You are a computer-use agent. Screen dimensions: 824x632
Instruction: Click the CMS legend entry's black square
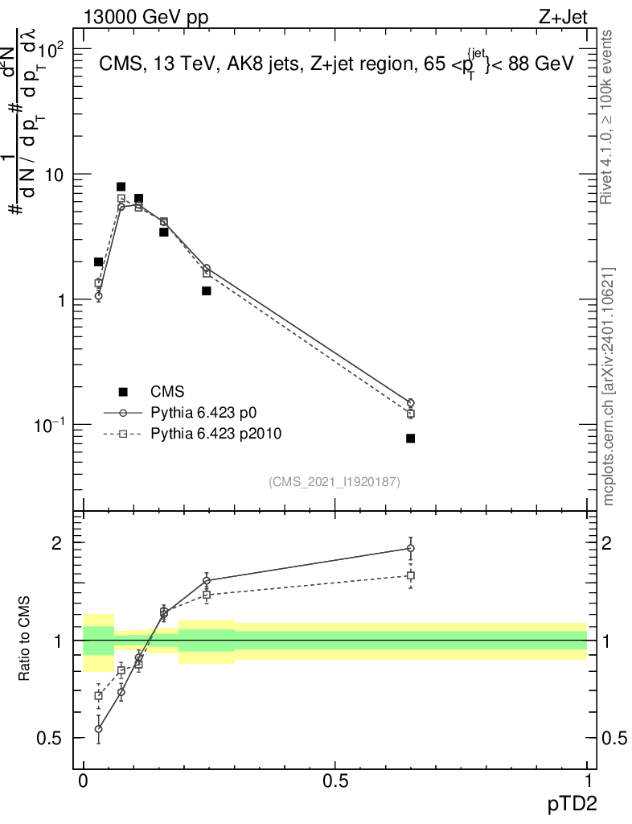pyautogui.click(x=123, y=392)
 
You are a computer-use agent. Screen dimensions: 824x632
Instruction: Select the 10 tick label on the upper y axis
pyautogui.click(x=56, y=175)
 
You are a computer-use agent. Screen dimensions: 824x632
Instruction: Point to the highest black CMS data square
pyautogui.click(x=121, y=187)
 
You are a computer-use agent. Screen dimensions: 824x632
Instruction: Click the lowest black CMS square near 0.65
pyautogui.click(x=410, y=439)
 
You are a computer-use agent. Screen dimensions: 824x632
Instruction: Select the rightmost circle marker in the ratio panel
pyautogui.click(x=410, y=548)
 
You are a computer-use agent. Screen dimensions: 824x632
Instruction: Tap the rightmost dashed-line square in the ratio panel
pyautogui.click(x=410, y=575)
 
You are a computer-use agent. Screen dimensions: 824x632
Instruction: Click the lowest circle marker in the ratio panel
pyautogui.click(x=98, y=729)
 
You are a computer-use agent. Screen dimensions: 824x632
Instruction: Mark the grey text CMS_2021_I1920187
pyautogui.click(x=334, y=481)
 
